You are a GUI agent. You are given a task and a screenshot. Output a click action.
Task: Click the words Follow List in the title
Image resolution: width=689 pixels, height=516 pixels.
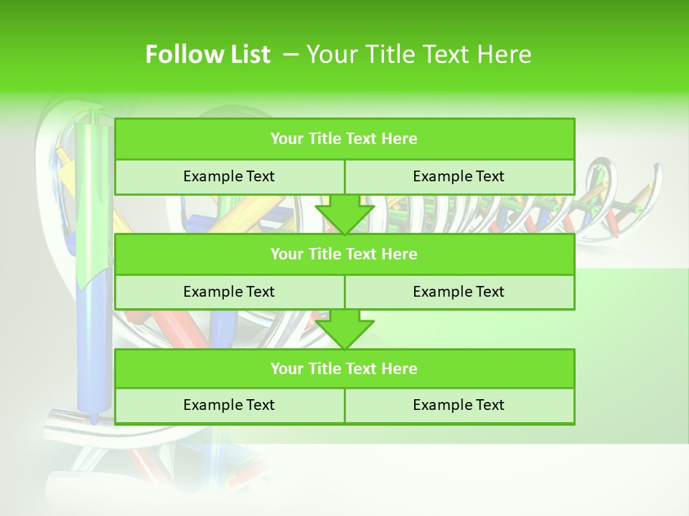[x=207, y=54]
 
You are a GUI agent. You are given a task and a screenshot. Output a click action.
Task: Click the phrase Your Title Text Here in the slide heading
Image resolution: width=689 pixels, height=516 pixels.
[x=418, y=54]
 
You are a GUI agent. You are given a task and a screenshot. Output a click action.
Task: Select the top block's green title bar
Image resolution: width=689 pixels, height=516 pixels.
[x=344, y=139]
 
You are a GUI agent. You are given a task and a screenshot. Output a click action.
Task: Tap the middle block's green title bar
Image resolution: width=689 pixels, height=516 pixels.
[x=344, y=254]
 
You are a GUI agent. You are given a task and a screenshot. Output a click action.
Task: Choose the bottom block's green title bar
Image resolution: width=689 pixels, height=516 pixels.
[x=344, y=369]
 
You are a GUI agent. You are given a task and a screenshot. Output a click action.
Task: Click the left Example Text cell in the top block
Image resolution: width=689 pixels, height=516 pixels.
[x=229, y=177]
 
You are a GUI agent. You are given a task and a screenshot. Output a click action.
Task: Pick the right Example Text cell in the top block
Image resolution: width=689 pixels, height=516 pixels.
[x=459, y=177]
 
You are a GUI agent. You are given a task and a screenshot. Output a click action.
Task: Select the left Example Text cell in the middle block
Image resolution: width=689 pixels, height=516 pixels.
[x=229, y=292]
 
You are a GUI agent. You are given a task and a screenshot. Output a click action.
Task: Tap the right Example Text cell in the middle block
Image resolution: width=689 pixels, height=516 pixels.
[x=459, y=292]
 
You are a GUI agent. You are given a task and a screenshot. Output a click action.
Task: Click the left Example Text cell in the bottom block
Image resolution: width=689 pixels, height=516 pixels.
[x=229, y=405]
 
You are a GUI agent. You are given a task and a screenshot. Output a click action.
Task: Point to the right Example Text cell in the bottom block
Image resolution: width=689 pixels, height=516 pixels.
[x=459, y=405]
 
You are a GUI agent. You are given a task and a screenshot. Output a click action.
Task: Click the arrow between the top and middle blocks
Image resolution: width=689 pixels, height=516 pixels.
[x=344, y=215]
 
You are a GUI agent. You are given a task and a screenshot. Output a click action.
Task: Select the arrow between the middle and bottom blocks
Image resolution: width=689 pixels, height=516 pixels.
[x=344, y=330]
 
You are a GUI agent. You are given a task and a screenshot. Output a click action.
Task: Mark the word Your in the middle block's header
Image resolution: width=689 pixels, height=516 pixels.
[x=286, y=254]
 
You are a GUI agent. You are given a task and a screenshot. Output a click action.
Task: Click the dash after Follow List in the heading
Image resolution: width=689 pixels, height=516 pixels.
[x=291, y=54]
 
